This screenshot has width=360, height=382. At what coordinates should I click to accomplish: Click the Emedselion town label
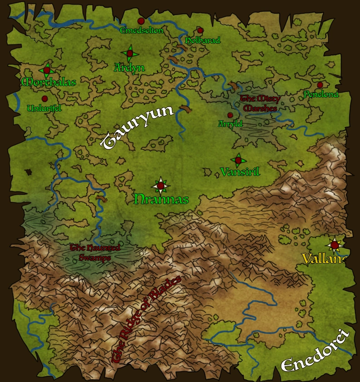point(141,30)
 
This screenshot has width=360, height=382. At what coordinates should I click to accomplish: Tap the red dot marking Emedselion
point(141,21)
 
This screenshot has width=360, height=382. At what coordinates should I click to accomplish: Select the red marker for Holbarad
point(200,30)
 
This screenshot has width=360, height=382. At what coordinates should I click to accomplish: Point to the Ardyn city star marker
point(129,54)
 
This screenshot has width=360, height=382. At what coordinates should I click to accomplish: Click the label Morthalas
point(49,82)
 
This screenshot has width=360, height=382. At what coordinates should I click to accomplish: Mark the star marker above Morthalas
point(46,70)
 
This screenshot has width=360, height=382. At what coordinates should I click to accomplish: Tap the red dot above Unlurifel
point(44,98)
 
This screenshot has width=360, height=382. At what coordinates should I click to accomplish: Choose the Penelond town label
point(321,94)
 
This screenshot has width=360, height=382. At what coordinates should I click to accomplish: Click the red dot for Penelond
point(320,85)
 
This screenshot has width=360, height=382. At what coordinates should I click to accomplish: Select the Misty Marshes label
point(260,103)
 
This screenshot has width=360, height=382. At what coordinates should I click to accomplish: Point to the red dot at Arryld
point(230,115)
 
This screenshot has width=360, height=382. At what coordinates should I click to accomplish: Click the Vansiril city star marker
point(238,160)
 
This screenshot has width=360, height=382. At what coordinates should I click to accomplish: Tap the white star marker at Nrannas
point(160,185)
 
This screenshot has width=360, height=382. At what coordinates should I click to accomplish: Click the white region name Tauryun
point(137,127)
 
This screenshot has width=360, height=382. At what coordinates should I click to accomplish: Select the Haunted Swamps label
point(95,253)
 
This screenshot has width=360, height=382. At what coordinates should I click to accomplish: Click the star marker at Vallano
point(335,245)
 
